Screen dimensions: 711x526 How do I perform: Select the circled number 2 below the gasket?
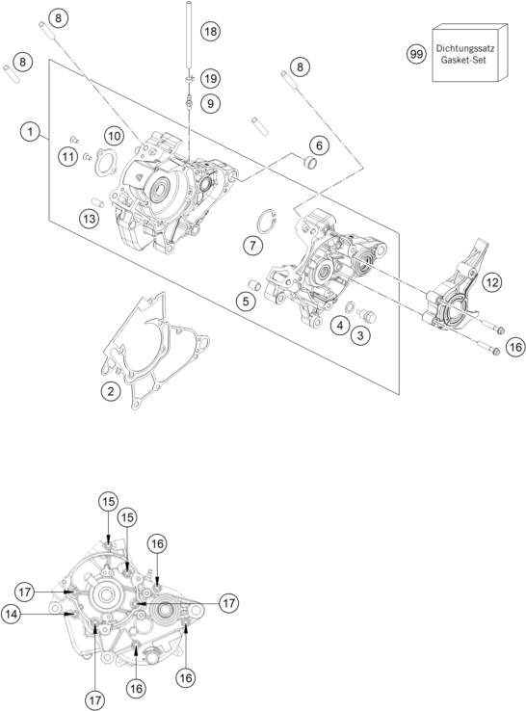pyautogui.click(x=113, y=390)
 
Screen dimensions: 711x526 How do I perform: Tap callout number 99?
pyautogui.click(x=416, y=54)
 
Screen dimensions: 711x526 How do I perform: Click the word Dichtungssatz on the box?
pyautogui.click(x=469, y=46)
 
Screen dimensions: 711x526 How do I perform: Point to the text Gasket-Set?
pyautogui.click(x=469, y=61)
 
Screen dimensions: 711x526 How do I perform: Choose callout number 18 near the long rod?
pyautogui.click(x=209, y=31)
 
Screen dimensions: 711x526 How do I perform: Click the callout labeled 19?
pyautogui.click(x=210, y=78)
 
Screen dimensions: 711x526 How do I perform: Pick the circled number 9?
pyautogui.click(x=210, y=102)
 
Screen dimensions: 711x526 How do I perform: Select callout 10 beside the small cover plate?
pyautogui.click(x=114, y=135)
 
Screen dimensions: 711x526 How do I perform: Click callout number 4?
pyautogui.click(x=339, y=326)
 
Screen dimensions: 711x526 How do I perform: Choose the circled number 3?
pyautogui.click(x=359, y=335)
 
